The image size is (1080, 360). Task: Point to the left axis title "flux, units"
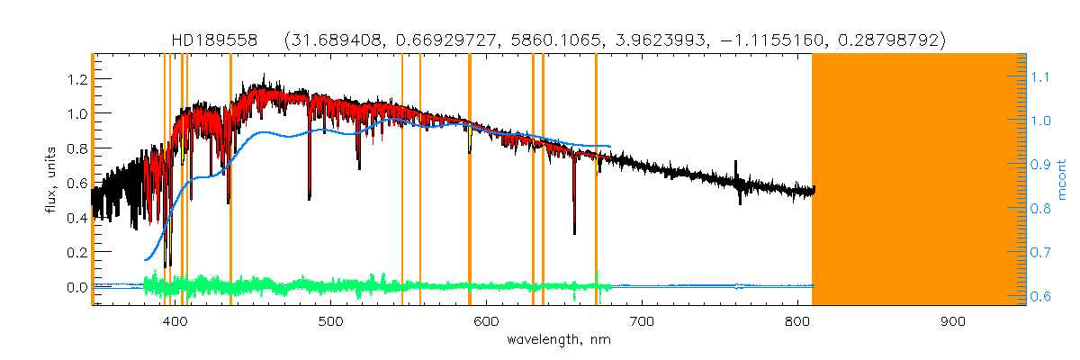[x=52, y=180]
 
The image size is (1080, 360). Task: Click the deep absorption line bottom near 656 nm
[x=574, y=233]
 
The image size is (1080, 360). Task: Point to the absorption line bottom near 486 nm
[x=310, y=198]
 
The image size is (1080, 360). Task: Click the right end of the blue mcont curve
[x=611, y=146]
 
